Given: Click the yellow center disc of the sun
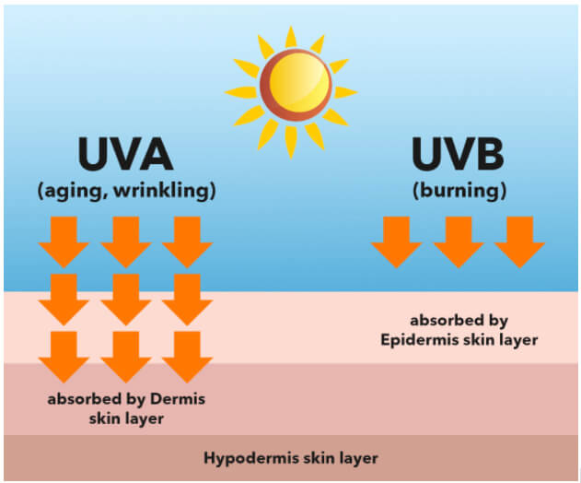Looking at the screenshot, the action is [299, 82].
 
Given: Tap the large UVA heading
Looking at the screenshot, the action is [125, 154].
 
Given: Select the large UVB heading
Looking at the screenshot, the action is [458, 154].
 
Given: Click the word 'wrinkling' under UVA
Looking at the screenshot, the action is [165, 190].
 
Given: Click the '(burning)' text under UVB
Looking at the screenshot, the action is [459, 191].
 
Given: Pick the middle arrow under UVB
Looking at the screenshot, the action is [459, 242].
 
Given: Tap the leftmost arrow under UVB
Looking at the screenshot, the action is [397, 242].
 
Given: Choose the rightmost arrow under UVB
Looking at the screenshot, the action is [519, 242].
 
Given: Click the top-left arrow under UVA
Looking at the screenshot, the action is [64, 242].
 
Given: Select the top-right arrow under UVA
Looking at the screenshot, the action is [187, 242].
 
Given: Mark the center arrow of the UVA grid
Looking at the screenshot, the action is [125, 300].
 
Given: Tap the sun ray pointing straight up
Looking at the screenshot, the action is [291, 37].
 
